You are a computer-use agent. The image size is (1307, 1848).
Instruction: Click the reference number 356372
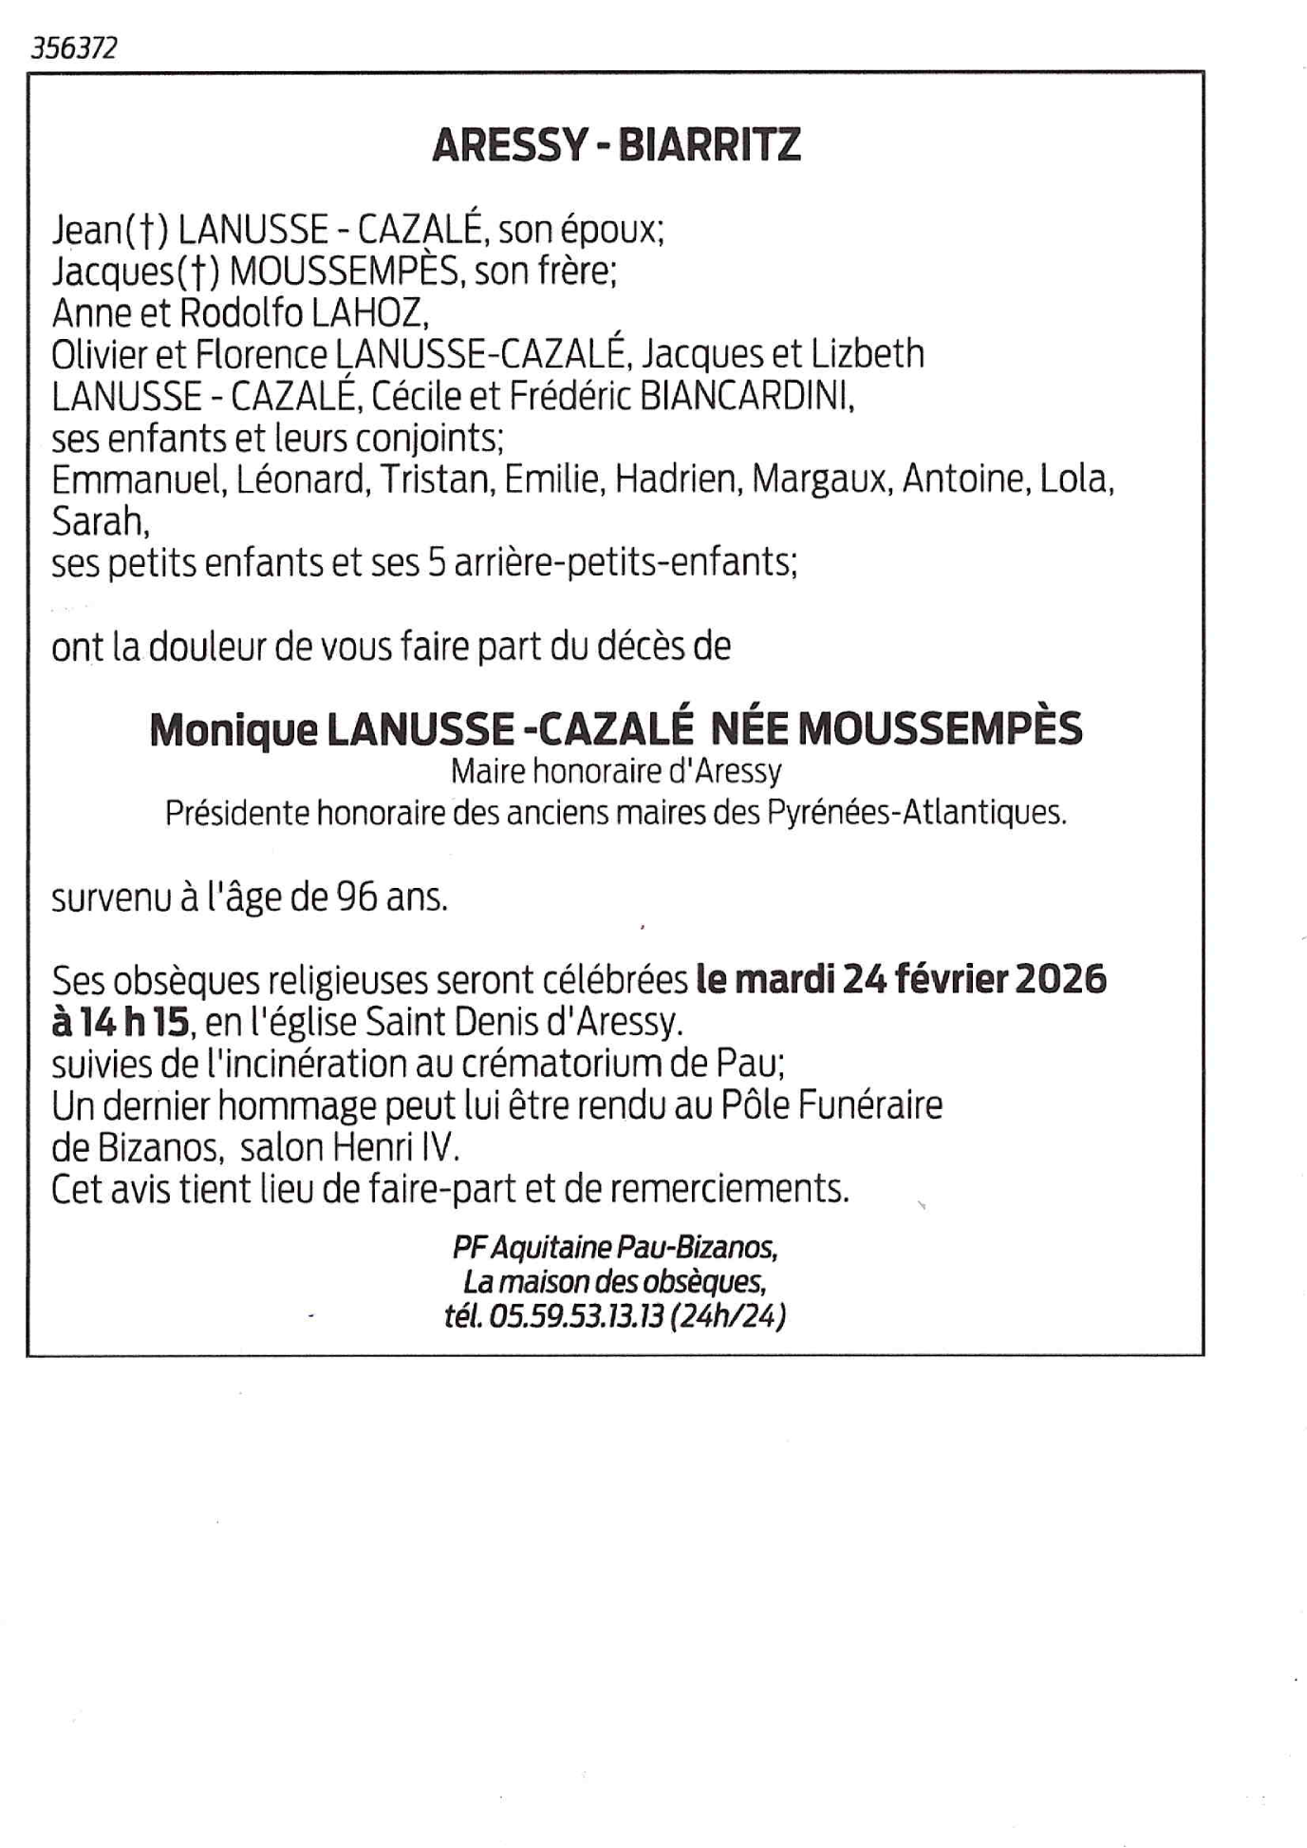(74, 48)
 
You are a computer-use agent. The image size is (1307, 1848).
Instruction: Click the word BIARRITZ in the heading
(709, 145)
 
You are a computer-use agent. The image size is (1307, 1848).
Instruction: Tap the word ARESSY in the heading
(510, 145)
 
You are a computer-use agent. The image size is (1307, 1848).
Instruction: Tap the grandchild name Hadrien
(676, 480)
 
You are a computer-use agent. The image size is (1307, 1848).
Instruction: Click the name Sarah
(99, 521)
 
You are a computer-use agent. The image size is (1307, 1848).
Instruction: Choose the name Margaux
(821, 480)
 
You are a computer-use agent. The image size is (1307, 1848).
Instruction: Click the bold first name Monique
(233, 730)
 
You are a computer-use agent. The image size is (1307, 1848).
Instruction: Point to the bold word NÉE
(749, 728)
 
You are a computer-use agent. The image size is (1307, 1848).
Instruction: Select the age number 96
(356, 897)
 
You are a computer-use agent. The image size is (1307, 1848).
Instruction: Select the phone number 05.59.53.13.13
(575, 1317)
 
